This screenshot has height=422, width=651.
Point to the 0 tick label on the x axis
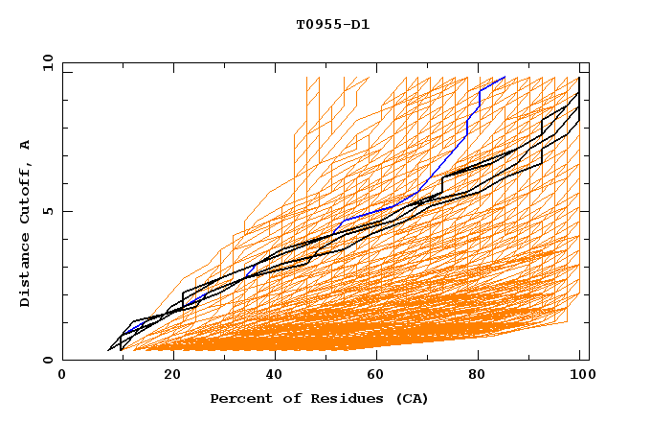click(62, 377)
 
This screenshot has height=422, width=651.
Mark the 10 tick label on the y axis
click(45, 62)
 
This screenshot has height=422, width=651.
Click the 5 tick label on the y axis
click(49, 211)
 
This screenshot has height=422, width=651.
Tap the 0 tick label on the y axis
click(49, 360)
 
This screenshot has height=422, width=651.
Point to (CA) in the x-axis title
click(412, 398)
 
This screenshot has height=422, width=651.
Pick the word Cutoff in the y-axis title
click(25, 195)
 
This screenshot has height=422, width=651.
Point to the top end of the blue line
click(505, 77)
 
